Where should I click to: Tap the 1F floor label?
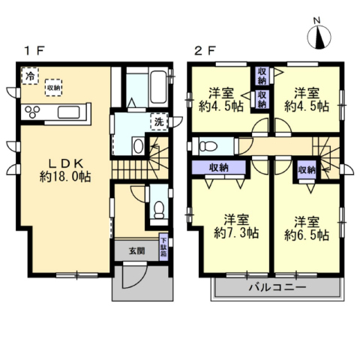coord(34,51)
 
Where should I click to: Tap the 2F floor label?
coord(205,51)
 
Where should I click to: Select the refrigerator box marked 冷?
coord(30,76)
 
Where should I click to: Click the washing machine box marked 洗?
coord(159,121)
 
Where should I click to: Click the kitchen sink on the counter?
coord(69,112)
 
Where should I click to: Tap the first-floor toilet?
coord(159,210)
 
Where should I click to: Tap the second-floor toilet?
coord(208,146)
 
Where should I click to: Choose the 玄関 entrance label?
coord(137,250)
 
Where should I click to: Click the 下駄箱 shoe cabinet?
coord(163,247)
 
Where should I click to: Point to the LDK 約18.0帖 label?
coord(65,170)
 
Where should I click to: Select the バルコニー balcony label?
coord(277,287)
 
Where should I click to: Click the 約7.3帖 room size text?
coord(236,233)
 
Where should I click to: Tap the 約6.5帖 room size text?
coord(307,235)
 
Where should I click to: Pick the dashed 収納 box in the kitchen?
coord(53,88)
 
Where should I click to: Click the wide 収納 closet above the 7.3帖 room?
coord(219,167)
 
